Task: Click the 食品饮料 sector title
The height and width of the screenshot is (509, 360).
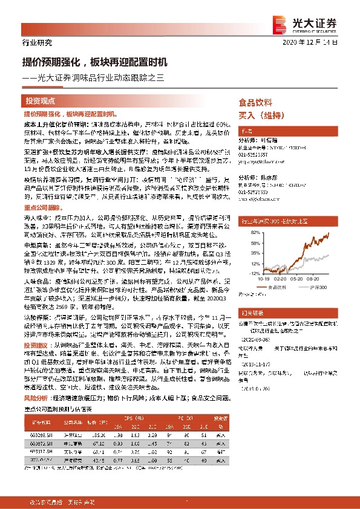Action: point(256,102)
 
